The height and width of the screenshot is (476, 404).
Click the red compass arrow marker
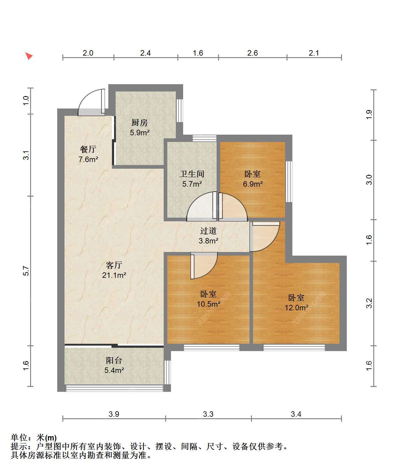click(x=29, y=56)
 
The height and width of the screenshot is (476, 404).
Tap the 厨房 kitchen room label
click(x=139, y=122)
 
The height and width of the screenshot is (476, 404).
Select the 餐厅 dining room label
click(x=88, y=149)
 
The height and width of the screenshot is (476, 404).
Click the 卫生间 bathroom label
click(x=192, y=174)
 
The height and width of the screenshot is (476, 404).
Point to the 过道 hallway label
click(x=208, y=231)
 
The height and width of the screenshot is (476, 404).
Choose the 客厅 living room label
click(x=114, y=265)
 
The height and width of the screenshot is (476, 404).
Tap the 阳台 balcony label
click(x=114, y=360)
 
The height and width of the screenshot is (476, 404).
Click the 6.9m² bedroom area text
click(x=253, y=184)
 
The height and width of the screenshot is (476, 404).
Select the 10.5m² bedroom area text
click(x=209, y=304)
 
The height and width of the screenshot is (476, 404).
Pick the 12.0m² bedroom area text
click(x=297, y=308)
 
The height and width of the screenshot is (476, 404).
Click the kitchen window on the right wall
click(x=179, y=111)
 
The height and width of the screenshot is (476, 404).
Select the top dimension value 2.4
click(x=145, y=53)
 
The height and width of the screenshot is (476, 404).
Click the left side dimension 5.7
click(x=26, y=271)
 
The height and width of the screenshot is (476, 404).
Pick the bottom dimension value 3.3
click(x=208, y=414)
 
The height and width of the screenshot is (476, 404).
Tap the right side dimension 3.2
click(x=369, y=303)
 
